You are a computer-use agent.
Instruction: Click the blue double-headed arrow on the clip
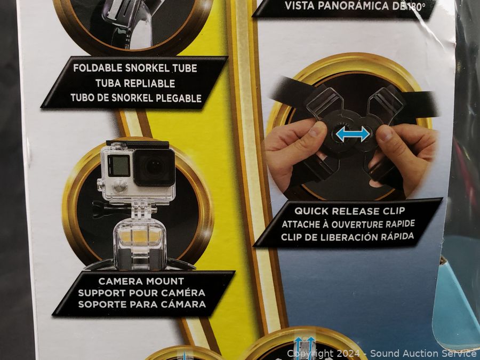tap(353, 134)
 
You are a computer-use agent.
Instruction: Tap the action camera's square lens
tap(154, 167)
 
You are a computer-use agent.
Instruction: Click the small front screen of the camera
tap(118, 165)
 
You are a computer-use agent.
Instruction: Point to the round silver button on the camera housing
tap(119, 186)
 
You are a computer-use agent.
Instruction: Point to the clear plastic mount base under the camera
tap(140, 241)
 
